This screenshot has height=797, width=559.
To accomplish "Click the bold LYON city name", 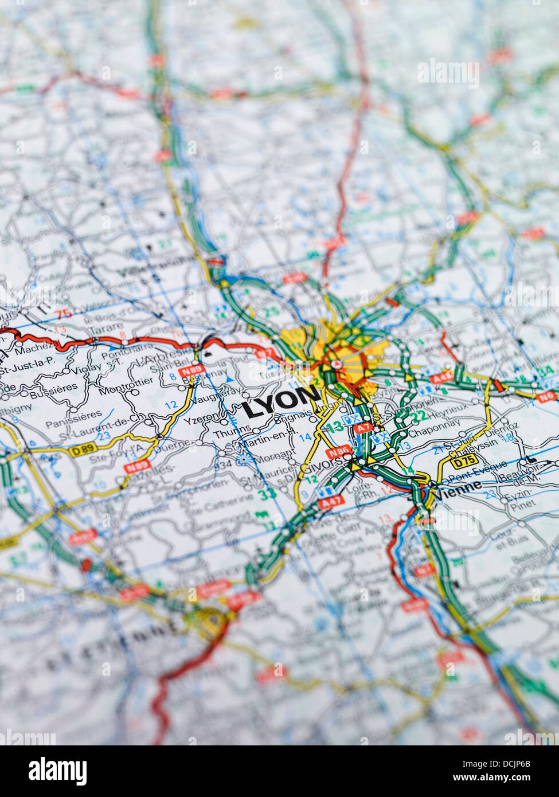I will tap(280, 408).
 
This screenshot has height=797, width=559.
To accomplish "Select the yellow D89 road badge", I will tap(84, 451).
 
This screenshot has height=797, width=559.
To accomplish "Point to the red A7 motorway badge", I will tap(362, 428).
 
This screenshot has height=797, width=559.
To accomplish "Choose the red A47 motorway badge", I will tap(330, 503).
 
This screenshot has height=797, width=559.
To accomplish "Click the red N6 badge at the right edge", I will tap(546, 396).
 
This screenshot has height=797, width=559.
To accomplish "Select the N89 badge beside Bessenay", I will tap(191, 372).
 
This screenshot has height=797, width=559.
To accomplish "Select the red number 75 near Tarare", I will tap(65, 312).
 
